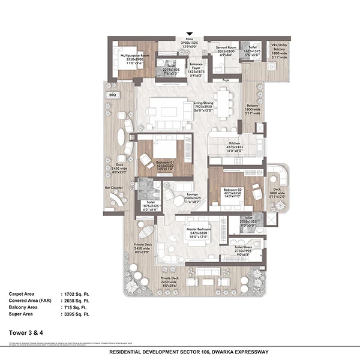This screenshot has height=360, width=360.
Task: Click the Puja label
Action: pyautogui.click(x=226, y=79)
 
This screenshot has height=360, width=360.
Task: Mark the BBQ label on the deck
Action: pyautogui.click(x=112, y=95)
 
